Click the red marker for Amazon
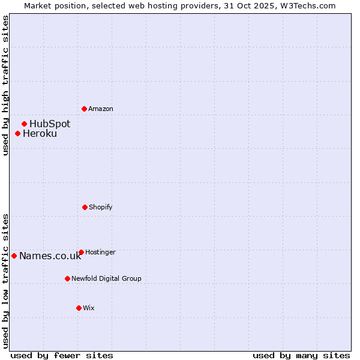84,109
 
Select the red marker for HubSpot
24,124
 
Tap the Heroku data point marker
17,133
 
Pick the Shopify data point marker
85,207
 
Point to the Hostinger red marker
81,252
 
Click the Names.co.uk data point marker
14,256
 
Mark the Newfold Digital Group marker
67,278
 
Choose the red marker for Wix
79,308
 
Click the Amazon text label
101,109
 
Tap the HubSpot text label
50,124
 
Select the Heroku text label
40,133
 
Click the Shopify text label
101,207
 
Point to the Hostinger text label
100,252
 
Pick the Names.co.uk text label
50,256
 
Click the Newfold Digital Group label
106,278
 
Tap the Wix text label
89,308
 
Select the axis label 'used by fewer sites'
62,355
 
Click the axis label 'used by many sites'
301,355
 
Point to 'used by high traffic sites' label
5,85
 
